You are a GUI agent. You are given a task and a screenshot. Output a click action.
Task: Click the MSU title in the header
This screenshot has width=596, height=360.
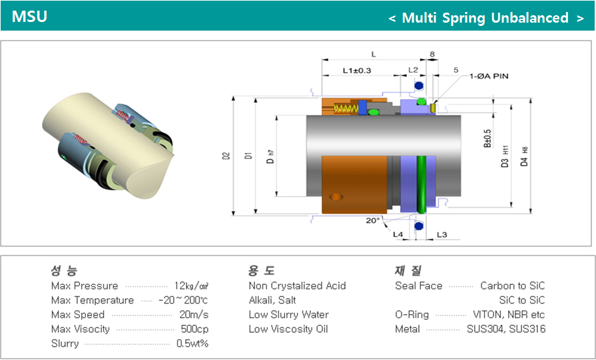(x=29, y=17)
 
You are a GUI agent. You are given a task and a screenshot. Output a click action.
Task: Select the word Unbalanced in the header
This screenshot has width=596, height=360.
(x=529, y=18)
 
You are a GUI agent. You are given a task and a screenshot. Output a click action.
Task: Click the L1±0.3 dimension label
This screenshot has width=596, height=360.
(x=356, y=70)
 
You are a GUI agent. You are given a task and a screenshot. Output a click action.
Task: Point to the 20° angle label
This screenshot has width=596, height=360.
(x=373, y=220)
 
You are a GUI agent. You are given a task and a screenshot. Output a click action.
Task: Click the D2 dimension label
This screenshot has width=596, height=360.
(x=226, y=156)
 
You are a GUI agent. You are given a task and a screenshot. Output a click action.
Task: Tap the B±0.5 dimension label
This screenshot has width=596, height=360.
(x=487, y=138)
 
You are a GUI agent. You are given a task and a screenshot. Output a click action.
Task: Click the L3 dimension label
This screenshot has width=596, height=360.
(x=442, y=234)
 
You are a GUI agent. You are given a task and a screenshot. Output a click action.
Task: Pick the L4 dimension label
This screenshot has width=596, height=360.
(x=398, y=234)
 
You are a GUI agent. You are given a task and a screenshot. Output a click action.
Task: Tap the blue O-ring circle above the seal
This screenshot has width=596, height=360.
(x=418, y=86)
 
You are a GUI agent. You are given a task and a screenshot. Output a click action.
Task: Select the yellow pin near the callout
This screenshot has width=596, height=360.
(x=434, y=107)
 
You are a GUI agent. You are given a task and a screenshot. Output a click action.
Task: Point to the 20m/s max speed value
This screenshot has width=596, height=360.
(x=194, y=315)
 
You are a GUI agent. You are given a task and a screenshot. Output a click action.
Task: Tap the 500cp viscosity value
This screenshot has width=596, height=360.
(x=194, y=329)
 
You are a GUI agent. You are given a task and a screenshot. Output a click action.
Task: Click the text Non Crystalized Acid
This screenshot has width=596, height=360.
(x=297, y=286)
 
